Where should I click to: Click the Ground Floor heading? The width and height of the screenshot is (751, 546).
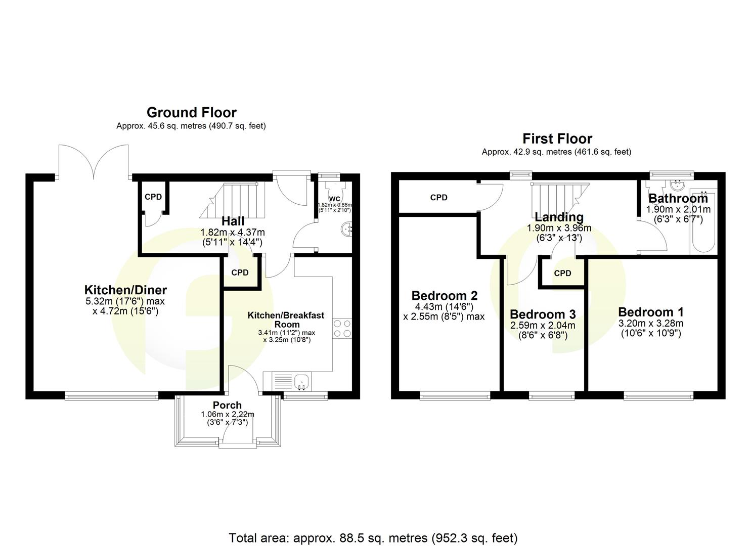click(191, 112)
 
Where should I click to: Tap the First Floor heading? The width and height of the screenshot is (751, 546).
click(557, 139)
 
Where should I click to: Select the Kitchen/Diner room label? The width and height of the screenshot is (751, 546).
click(125, 290)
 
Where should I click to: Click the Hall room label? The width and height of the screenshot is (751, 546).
click(233, 221)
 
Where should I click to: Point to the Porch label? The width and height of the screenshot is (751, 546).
click(227, 405)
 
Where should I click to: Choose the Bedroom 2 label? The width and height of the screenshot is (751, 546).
click(444, 295)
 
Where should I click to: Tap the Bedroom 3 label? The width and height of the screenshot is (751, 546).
click(542, 314)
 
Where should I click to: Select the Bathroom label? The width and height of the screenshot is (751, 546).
click(678, 198)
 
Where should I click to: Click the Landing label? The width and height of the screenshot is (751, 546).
click(559, 217)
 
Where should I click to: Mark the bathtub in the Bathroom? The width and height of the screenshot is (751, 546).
click(703, 222)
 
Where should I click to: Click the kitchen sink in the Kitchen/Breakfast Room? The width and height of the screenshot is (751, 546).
click(301, 381)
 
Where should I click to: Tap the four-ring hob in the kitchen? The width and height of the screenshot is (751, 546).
click(342, 328)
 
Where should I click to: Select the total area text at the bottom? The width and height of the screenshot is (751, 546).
click(373, 537)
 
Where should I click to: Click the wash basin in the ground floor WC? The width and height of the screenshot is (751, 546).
click(348, 229)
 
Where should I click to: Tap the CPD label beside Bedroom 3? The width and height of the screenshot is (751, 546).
click(562, 273)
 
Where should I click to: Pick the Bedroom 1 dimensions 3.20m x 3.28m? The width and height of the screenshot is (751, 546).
click(650, 324)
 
